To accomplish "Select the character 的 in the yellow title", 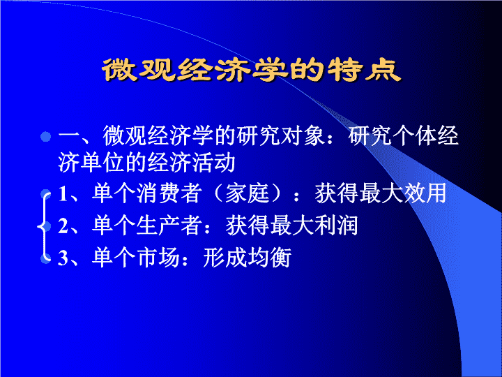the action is tap(307, 70).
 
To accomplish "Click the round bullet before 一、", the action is tap(46, 137).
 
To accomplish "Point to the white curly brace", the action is tap(44, 226).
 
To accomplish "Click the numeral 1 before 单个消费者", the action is tap(63, 193).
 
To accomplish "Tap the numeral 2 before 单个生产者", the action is tap(63, 226).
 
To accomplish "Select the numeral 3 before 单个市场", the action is tap(63, 258).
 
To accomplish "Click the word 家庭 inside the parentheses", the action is tap(247, 193).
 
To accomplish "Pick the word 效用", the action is tap(425, 193).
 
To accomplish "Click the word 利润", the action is tap(336, 226).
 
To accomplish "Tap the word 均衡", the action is tap(269, 258).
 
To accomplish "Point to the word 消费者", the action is tap(169, 193).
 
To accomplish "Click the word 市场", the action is tap(158, 258).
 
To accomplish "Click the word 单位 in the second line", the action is tap(102, 163).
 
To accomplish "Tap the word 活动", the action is tap(213, 163).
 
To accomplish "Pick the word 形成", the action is tap(225, 258).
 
